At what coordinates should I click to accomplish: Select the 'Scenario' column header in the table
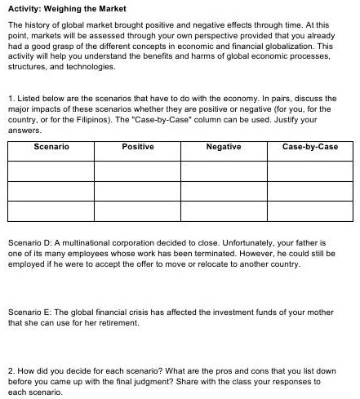51,147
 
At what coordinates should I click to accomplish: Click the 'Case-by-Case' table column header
309,147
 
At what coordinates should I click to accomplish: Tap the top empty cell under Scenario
51,171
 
